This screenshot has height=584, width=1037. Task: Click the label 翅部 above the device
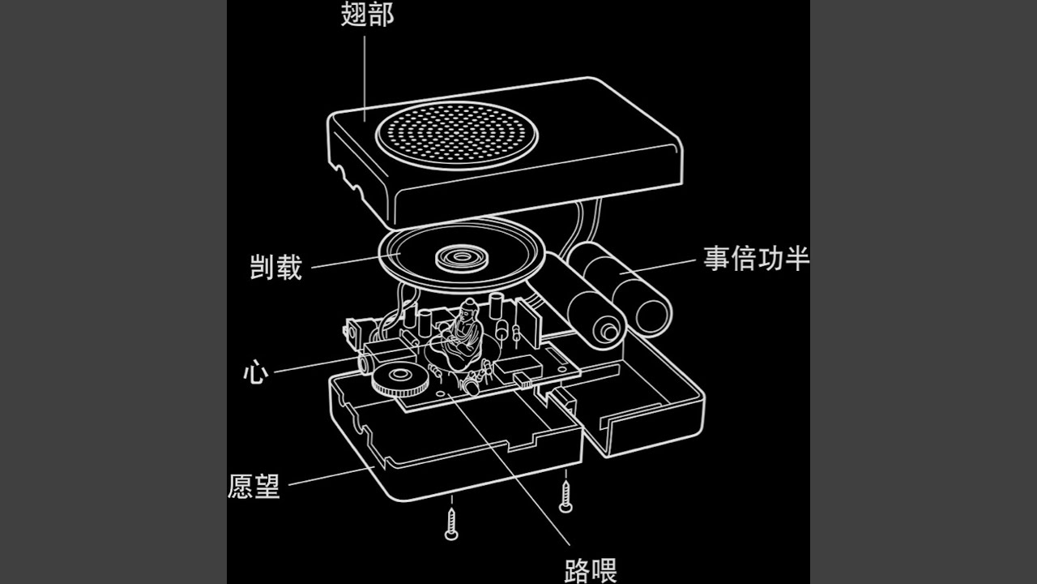(x=367, y=14)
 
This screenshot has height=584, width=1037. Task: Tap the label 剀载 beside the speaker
(x=275, y=267)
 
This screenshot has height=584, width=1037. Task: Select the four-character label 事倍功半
(x=756, y=260)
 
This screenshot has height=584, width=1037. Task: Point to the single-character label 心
(x=255, y=372)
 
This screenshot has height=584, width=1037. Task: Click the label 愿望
(x=254, y=485)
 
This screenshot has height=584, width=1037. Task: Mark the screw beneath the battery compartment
(x=565, y=496)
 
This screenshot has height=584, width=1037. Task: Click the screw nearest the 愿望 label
(x=451, y=522)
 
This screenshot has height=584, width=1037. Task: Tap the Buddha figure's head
(x=467, y=309)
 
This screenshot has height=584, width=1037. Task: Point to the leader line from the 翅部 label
(x=364, y=73)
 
